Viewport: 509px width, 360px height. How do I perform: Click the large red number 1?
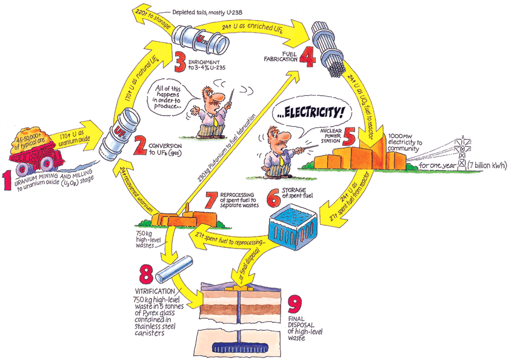coord(8,181)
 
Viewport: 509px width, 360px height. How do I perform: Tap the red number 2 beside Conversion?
coord(140,145)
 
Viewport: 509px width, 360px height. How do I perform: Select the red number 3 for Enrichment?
coord(179,61)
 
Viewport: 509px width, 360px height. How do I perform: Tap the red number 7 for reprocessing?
coord(211,198)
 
